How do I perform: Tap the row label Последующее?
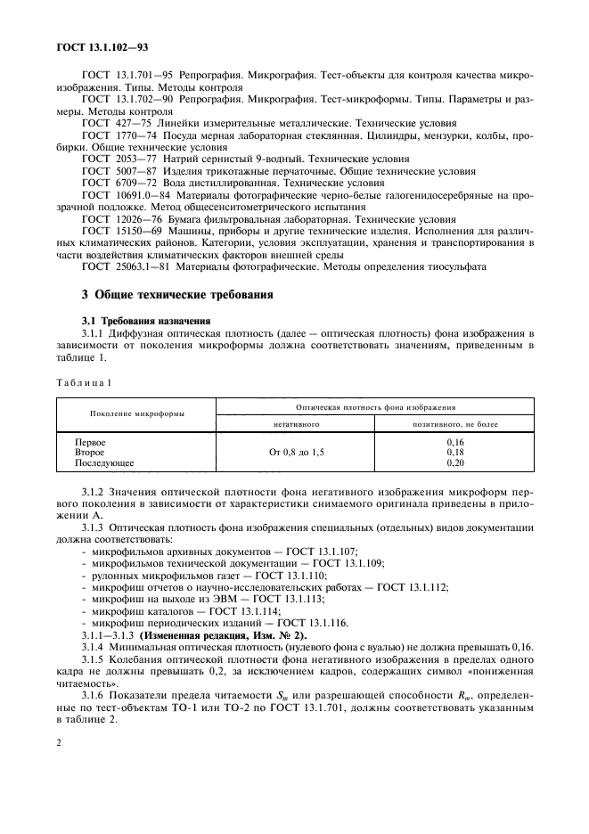104,463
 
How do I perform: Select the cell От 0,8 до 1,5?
297,453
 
